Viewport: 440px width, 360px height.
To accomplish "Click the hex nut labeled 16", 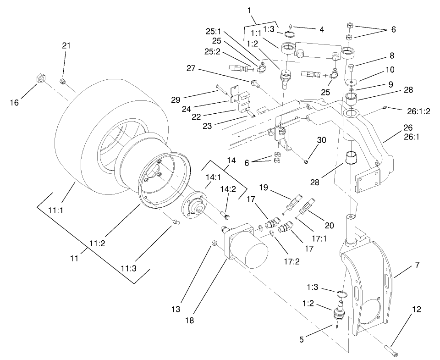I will [x=40, y=79].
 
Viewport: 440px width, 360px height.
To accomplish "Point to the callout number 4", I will [x=322, y=29].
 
